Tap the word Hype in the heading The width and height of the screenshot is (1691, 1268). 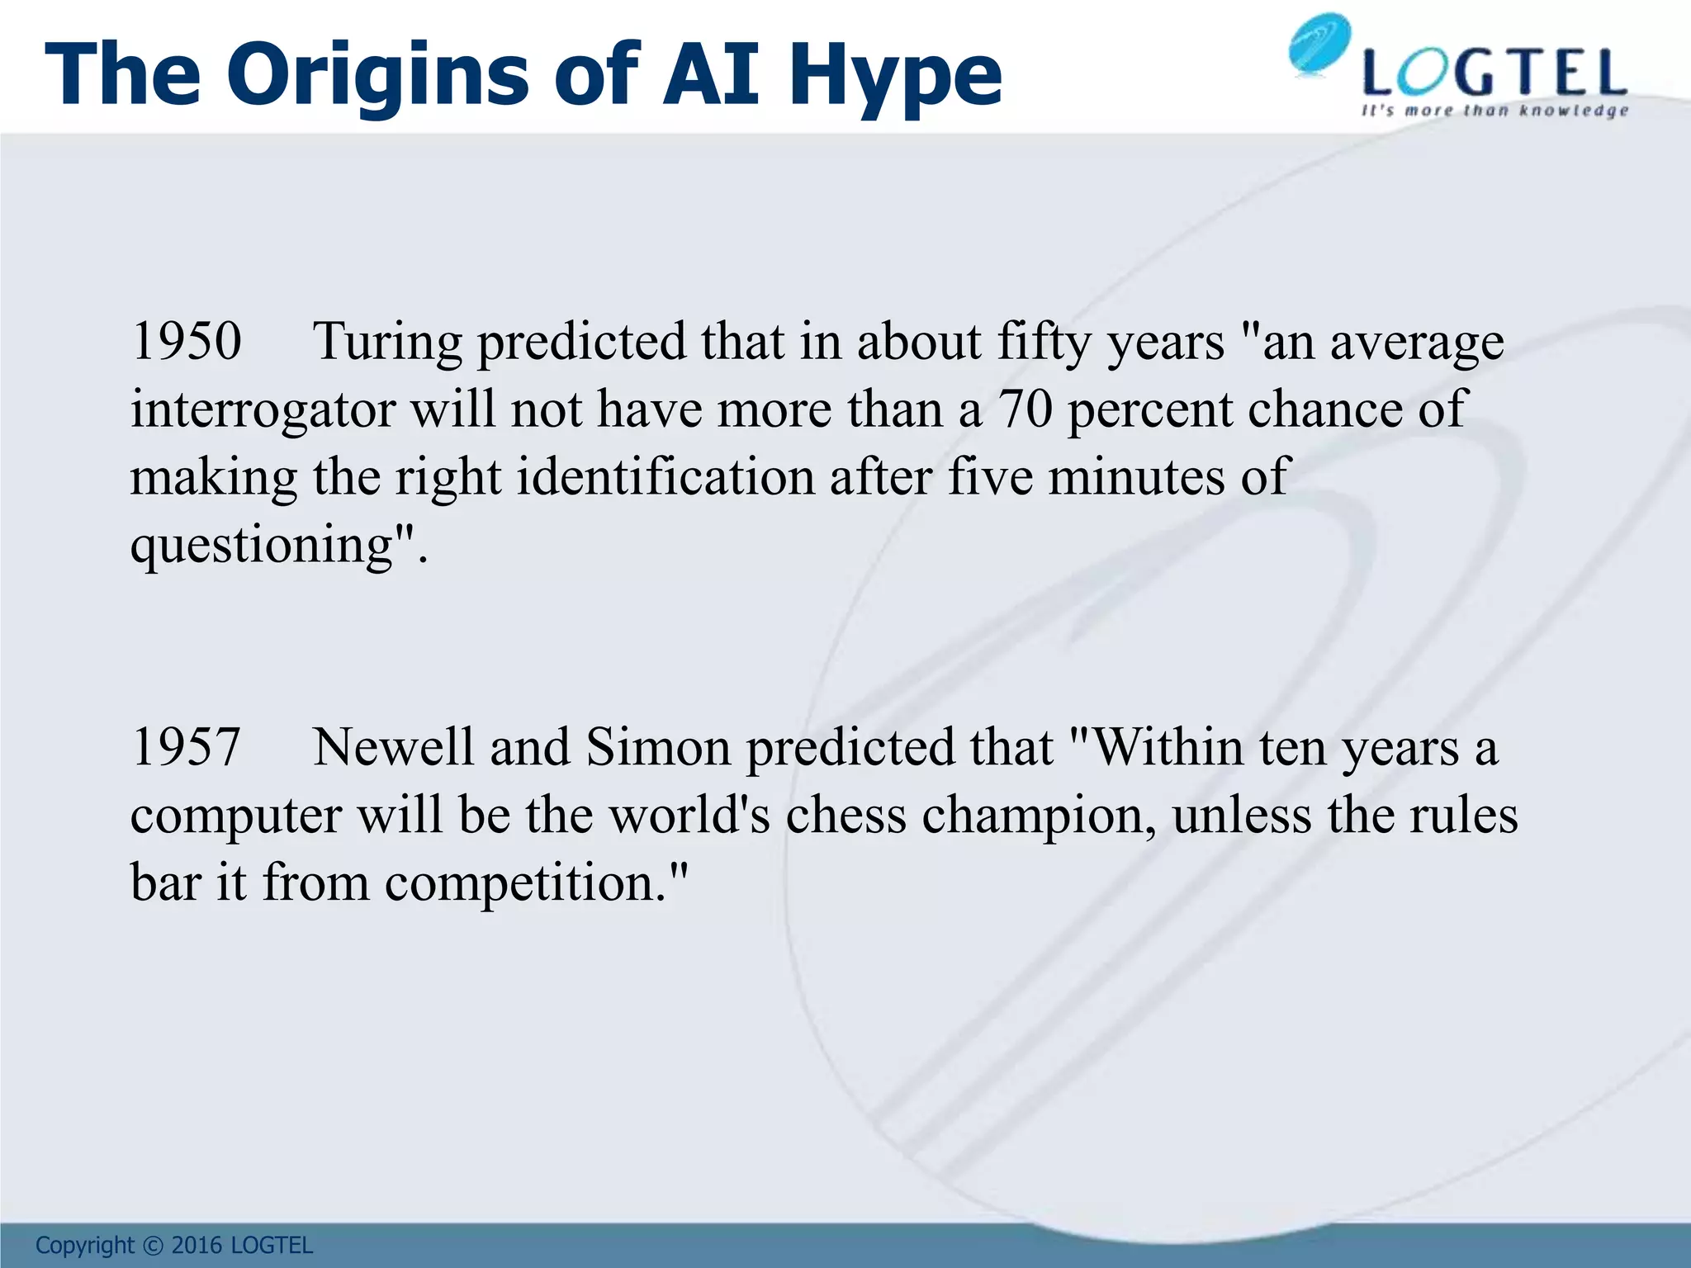pyautogui.click(x=895, y=76)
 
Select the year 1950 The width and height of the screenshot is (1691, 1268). pyautogui.click(x=187, y=341)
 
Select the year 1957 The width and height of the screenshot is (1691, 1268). pyautogui.click(x=187, y=747)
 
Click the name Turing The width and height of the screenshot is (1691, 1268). pyautogui.click(x=387, y=343)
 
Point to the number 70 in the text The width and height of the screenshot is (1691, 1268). pyautogui.click(x=1025, y=409)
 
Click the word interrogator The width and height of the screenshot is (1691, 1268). pyautogui.click(x=263, y=410)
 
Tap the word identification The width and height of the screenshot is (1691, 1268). pyautogui.click(x=666, y=476)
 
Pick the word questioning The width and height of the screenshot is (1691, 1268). pyautogui.click(x=262, y=546)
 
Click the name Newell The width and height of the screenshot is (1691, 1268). pyautogui.click(x=393, y=747)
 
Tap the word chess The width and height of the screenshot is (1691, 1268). pyautogui.click(x=845, y=815)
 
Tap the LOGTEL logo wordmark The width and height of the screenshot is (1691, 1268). pyautogui.click(x=1494, y=74)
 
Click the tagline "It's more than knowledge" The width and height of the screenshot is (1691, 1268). pyautogui.click(x=1494, y=111)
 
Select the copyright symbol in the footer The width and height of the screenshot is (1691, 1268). pyautogui.click(x=153, y=1246)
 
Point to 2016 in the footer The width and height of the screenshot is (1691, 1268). pyautogui.click(x=197, y=1246)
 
